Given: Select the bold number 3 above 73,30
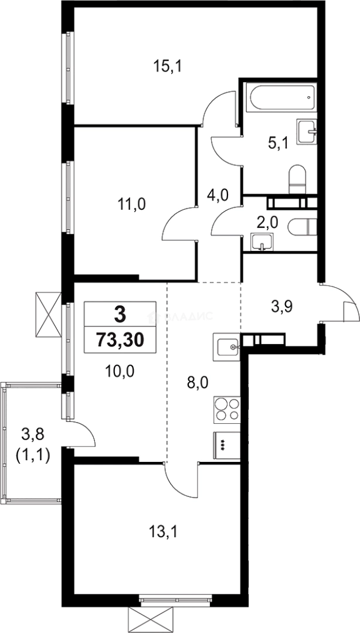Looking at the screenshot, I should (120, 315).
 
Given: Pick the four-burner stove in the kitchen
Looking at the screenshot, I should (227, 408).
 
